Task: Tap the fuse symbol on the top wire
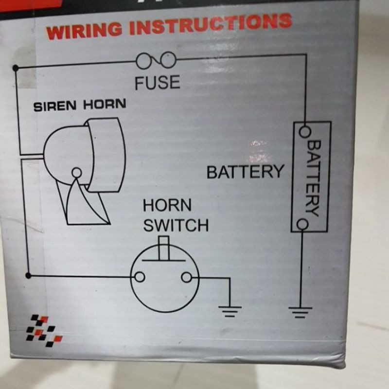click(x=156, y=61)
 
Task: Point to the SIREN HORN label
click(x=80, y=106)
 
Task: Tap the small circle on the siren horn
click(x=76, y=172)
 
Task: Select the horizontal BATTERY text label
click(x=245, y=172)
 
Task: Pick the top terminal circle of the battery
click(x=305, y=131)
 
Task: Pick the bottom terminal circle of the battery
click(x=302, y=224)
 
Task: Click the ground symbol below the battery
click(x=300, y=310)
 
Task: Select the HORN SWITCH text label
click(x=175, y=215)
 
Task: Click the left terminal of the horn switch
click(x=140, y=277)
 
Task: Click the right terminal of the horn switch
click(x=186, y=277)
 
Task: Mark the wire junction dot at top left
click(x=16, y=67)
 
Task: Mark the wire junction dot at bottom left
click(x=28, y=276)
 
